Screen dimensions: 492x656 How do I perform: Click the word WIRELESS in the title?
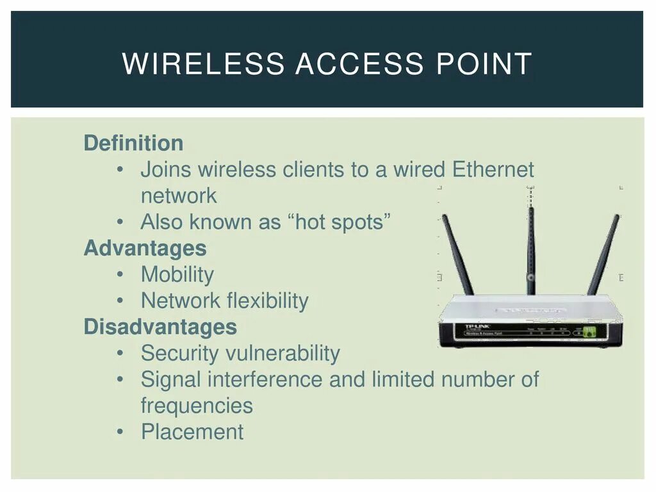tap(202, 64)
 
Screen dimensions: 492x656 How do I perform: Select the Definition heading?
tap(133, 143)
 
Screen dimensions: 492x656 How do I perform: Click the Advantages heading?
tap(145, 248)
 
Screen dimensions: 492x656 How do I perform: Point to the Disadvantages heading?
tap(160, 327)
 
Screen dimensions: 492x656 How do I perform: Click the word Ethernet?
tap(493, 170)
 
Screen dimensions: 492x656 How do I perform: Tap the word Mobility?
tap(177, 274)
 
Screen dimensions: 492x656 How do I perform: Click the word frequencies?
tap(197, 406)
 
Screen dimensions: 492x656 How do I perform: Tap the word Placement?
tap(192, 432)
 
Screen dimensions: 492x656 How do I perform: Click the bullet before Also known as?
tap(120, 222)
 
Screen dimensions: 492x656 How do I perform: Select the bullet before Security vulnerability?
tap(120, 353)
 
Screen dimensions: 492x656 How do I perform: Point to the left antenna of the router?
tap(457, 254)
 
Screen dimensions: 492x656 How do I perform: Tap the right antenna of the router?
tap(603, 254)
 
